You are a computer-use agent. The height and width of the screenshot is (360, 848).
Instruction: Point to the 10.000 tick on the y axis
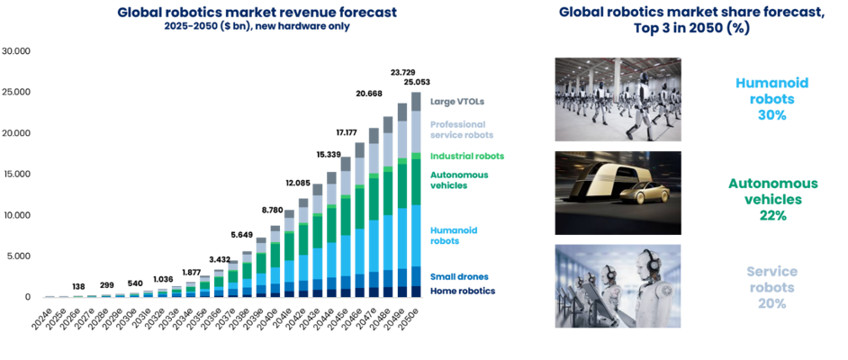[x=16, y=215]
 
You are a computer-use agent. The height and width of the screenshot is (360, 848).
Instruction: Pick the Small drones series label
[x=459, y=277]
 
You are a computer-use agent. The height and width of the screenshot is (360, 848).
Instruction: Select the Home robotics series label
[x=463, y=291]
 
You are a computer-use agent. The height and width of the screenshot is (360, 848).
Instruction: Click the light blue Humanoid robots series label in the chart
[x=454, y=236]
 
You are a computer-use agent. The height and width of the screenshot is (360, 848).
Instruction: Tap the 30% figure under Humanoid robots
[x=771, y=116]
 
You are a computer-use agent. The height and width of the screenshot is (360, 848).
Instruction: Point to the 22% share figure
[x=771, y=215]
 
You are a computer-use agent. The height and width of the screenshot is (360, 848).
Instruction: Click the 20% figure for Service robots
[x=771, y=303]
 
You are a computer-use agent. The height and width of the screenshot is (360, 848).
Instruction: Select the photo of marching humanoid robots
[x=618, y=100]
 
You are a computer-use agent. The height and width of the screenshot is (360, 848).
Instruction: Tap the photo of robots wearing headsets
[x=618, y=286]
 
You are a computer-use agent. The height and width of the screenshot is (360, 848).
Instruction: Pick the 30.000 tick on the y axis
[x=16, y=51]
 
